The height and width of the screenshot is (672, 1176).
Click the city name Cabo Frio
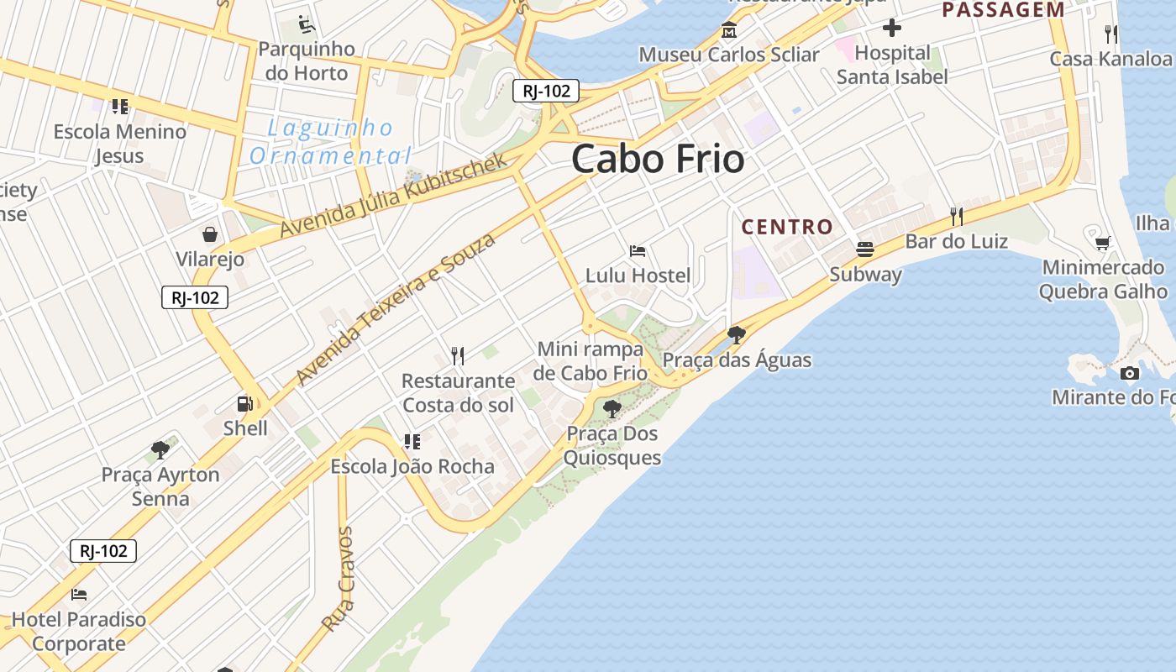pos(658,160)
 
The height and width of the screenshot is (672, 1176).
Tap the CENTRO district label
pos(787,227)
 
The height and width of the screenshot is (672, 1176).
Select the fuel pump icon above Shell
pos(244,404)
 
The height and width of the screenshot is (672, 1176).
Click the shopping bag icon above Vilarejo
pos(210,234)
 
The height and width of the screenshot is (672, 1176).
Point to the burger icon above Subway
pos(865,249)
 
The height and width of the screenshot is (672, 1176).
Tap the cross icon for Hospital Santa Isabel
pos(892,29)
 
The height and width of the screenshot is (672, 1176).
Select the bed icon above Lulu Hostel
pos(638,251)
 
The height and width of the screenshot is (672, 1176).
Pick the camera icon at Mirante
pos(1130,373)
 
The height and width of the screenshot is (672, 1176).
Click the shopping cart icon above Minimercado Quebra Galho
pos(1103,244)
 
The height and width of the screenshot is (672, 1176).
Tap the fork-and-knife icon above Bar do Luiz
pos(957,217)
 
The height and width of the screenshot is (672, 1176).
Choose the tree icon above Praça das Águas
pos(737,335)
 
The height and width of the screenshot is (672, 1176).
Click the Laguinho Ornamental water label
pos(330,142)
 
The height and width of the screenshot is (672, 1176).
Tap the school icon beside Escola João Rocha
pos(412,442)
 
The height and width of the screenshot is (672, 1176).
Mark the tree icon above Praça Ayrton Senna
pos(160,450)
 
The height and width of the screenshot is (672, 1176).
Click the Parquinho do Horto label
pos(306,60)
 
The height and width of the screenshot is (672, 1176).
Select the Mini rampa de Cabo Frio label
pos(591,361)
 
